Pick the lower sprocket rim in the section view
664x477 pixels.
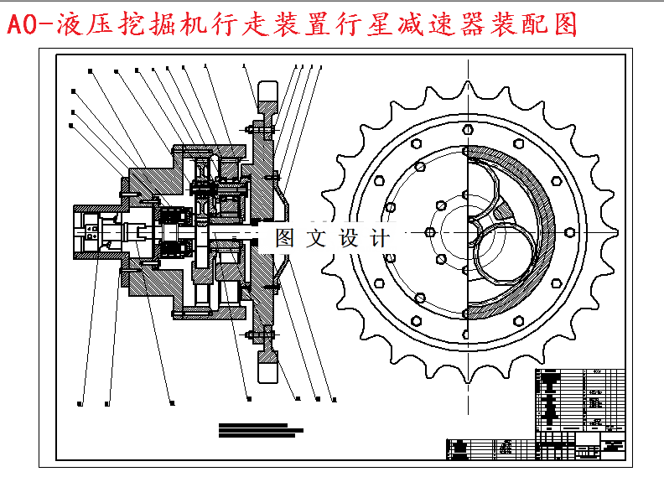[x=267, y=366]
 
